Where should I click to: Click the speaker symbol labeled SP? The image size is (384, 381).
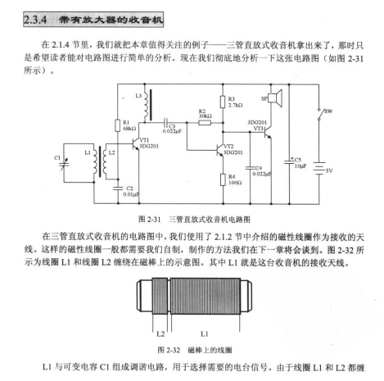(275, 98)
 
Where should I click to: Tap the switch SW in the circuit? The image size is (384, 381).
(320, 114)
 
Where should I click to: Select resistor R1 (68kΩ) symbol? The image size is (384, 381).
(118, 125)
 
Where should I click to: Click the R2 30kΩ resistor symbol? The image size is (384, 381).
(205, 123)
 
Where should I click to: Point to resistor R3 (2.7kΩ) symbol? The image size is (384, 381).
(223, 102)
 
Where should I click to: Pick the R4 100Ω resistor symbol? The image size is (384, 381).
(223, 179)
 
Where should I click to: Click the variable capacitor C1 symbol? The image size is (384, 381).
(65, 164)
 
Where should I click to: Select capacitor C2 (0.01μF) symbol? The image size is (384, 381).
(118, 188)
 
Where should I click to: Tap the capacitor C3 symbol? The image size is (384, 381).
(166, 123)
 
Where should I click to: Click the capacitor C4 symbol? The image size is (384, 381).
(250, 168)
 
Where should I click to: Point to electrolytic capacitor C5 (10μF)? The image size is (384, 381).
(289, 161)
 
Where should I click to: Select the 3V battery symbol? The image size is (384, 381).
(318, 168)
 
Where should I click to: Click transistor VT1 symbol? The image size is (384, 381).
(136, 143)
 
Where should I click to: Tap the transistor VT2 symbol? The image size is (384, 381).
(219, 150)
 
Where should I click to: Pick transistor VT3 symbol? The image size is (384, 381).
(268, 132)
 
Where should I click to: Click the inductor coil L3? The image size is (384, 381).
(147, 105)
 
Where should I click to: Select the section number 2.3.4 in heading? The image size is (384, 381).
(35, 20)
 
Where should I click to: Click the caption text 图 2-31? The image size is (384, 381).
(150, 220)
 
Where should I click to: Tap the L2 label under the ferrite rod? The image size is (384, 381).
(160, 333)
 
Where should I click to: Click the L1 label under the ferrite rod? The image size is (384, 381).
(205, 333)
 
